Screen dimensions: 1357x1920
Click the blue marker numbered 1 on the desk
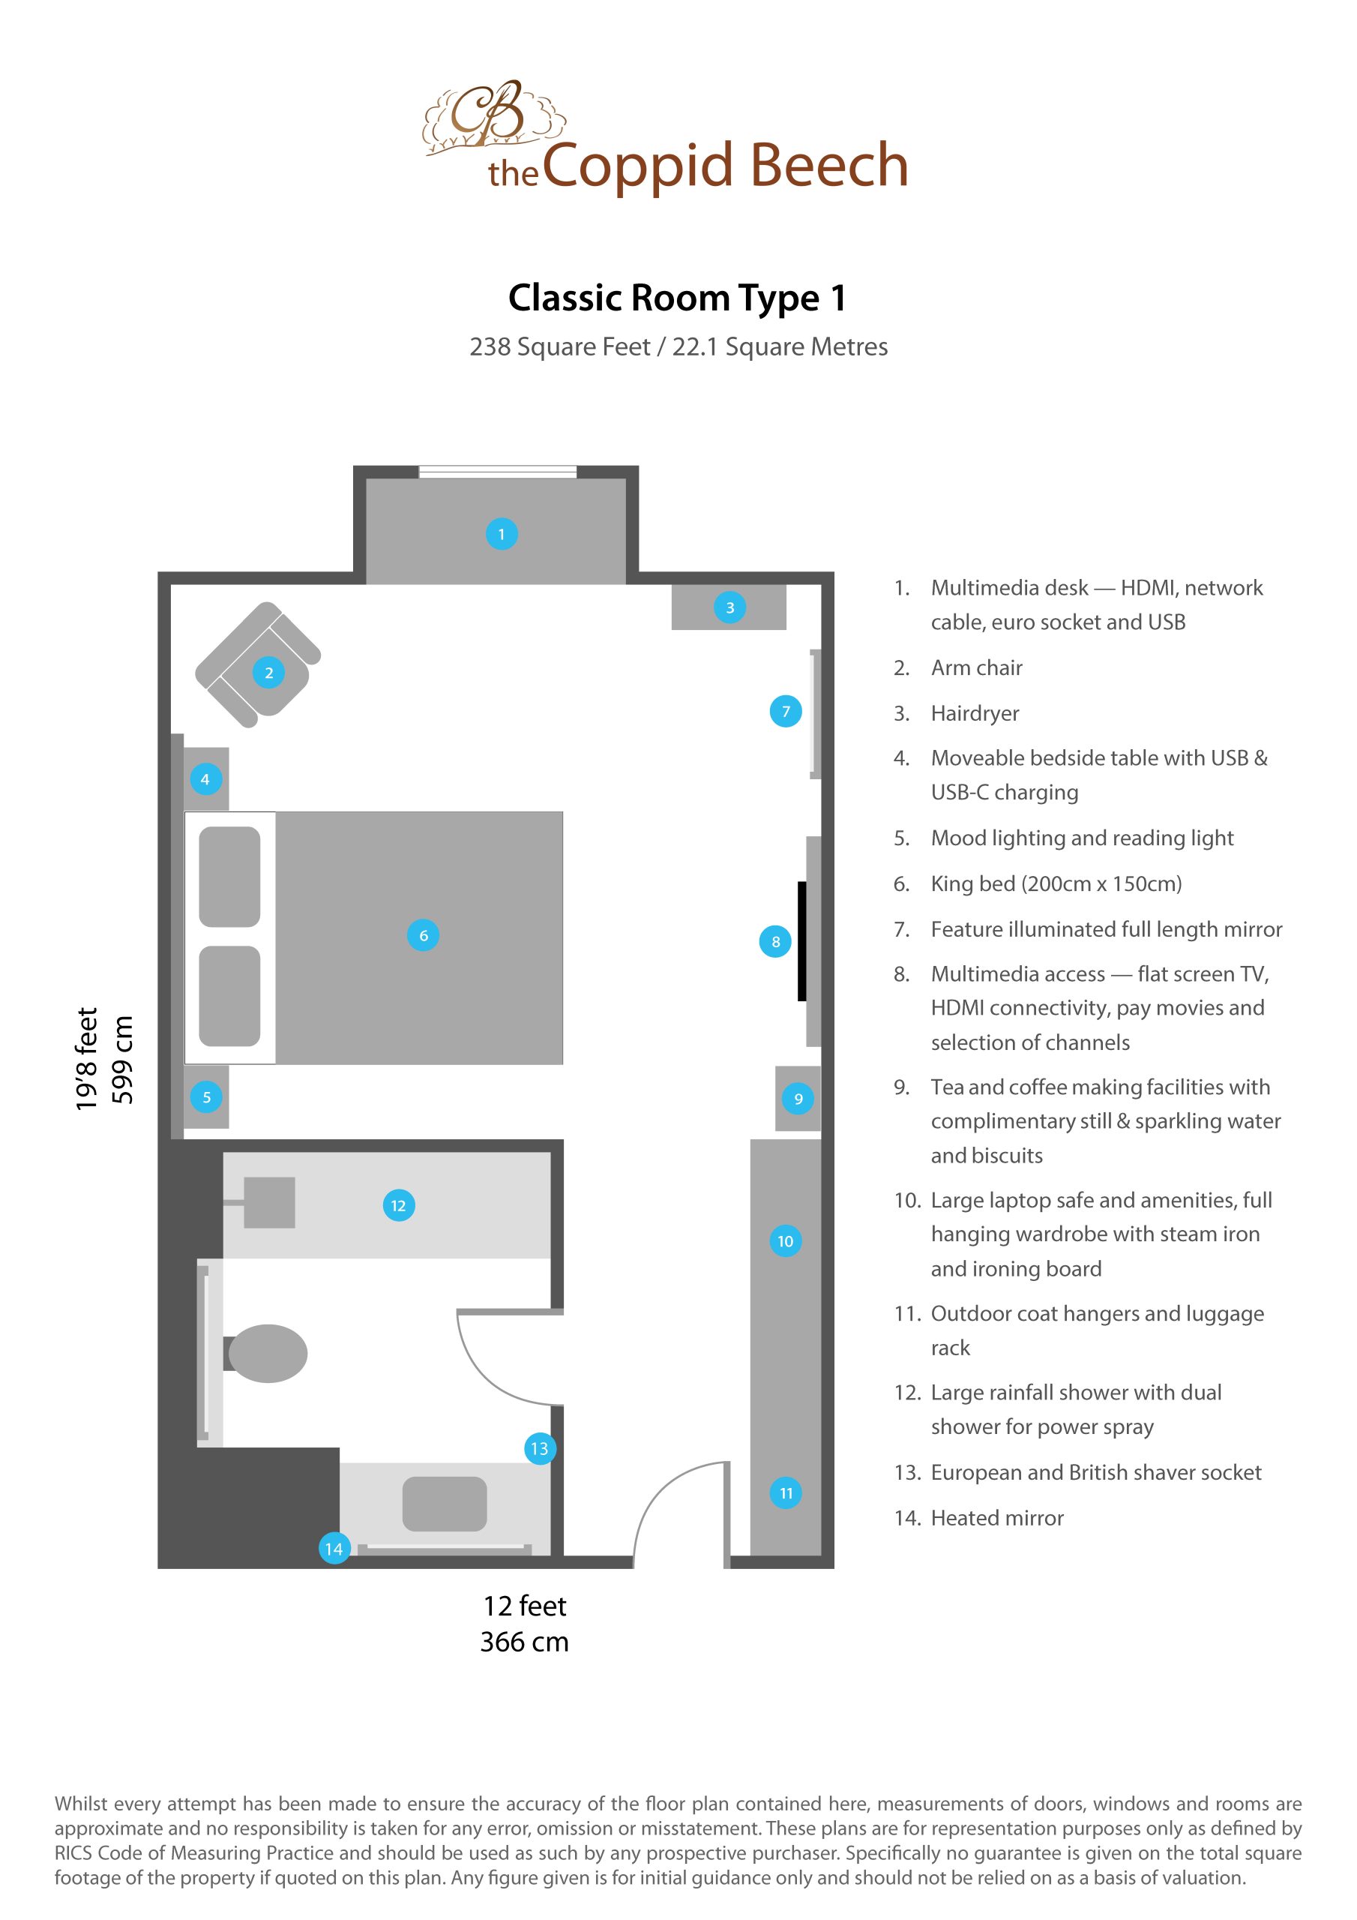[x=502, y=533]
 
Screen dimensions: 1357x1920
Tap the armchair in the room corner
[x=257, y=664]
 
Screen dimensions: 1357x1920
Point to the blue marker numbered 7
[x=785, y=712]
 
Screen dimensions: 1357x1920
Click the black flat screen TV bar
[x=801, y=940]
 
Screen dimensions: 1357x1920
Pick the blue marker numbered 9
[x=798, y=1098]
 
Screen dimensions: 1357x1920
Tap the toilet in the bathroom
[x=266, y=1353]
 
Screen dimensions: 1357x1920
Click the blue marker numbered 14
[x=334, y=1549]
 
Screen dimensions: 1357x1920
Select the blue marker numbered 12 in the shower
[x=398, y=1205]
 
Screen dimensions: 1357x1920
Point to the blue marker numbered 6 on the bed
[x=423, y=935]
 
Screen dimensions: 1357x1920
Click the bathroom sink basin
[x=444, y=1504]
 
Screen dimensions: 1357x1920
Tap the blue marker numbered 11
[x=786, y=1492]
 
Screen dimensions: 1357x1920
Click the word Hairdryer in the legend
[x=975, y=713]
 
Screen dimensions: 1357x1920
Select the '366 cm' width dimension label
[x=524, y=1642]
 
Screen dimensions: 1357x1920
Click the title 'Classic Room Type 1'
[x=677, y=298]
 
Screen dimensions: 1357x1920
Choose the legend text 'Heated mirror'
[x=996, y=1518]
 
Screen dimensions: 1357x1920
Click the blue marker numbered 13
[x=539, y=1448]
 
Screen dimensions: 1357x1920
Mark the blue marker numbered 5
[x=206, y=1097]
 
